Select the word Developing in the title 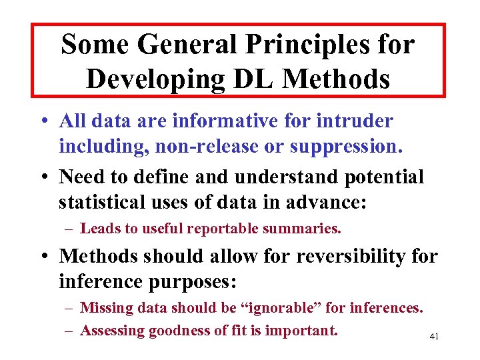coord(154,79)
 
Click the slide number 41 coord(434,337)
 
